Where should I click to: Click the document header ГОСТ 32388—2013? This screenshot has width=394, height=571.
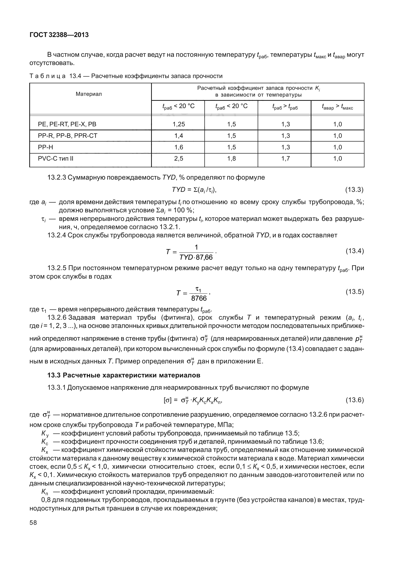coord(59,35)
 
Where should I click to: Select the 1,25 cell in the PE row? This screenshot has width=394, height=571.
coord(178,124)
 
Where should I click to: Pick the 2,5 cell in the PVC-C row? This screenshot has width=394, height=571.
coord(178,159)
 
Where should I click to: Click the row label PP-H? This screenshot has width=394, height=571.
coord(46,147)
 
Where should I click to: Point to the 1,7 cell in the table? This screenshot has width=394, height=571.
coord(285,159)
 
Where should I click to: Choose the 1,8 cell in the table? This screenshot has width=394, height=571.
coord(232,159)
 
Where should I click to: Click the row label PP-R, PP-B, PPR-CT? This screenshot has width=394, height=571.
coord(67,136)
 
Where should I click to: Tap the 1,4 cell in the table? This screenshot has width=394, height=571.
coord(178,136)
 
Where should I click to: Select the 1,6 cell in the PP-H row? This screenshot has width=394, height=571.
coord(178,147)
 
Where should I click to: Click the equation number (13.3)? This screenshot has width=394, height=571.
coord(354,190)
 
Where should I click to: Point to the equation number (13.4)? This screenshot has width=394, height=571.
coord(354,251)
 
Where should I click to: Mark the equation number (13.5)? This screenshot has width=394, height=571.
coord(354,292)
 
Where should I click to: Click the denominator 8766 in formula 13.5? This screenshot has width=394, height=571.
coord(199,298)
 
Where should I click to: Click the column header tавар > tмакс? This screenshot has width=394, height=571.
coord(337,107)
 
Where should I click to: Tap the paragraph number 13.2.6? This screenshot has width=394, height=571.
coord(57,318)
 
